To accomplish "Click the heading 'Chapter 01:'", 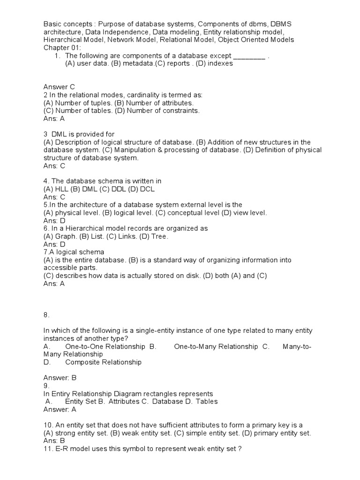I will pos(62,48).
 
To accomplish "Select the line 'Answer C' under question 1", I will pos(59,87).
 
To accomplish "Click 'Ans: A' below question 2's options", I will pos(54,119).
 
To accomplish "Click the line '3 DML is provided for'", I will pos(79,134).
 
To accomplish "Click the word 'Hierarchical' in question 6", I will pos(81,228).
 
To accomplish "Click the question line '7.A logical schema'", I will pos(74,252).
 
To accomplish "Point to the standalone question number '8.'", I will pos(46,315).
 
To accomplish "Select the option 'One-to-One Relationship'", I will pos(105,346).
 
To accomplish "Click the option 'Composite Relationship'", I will pos(103,362).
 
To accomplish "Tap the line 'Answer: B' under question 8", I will pos(60,378).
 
